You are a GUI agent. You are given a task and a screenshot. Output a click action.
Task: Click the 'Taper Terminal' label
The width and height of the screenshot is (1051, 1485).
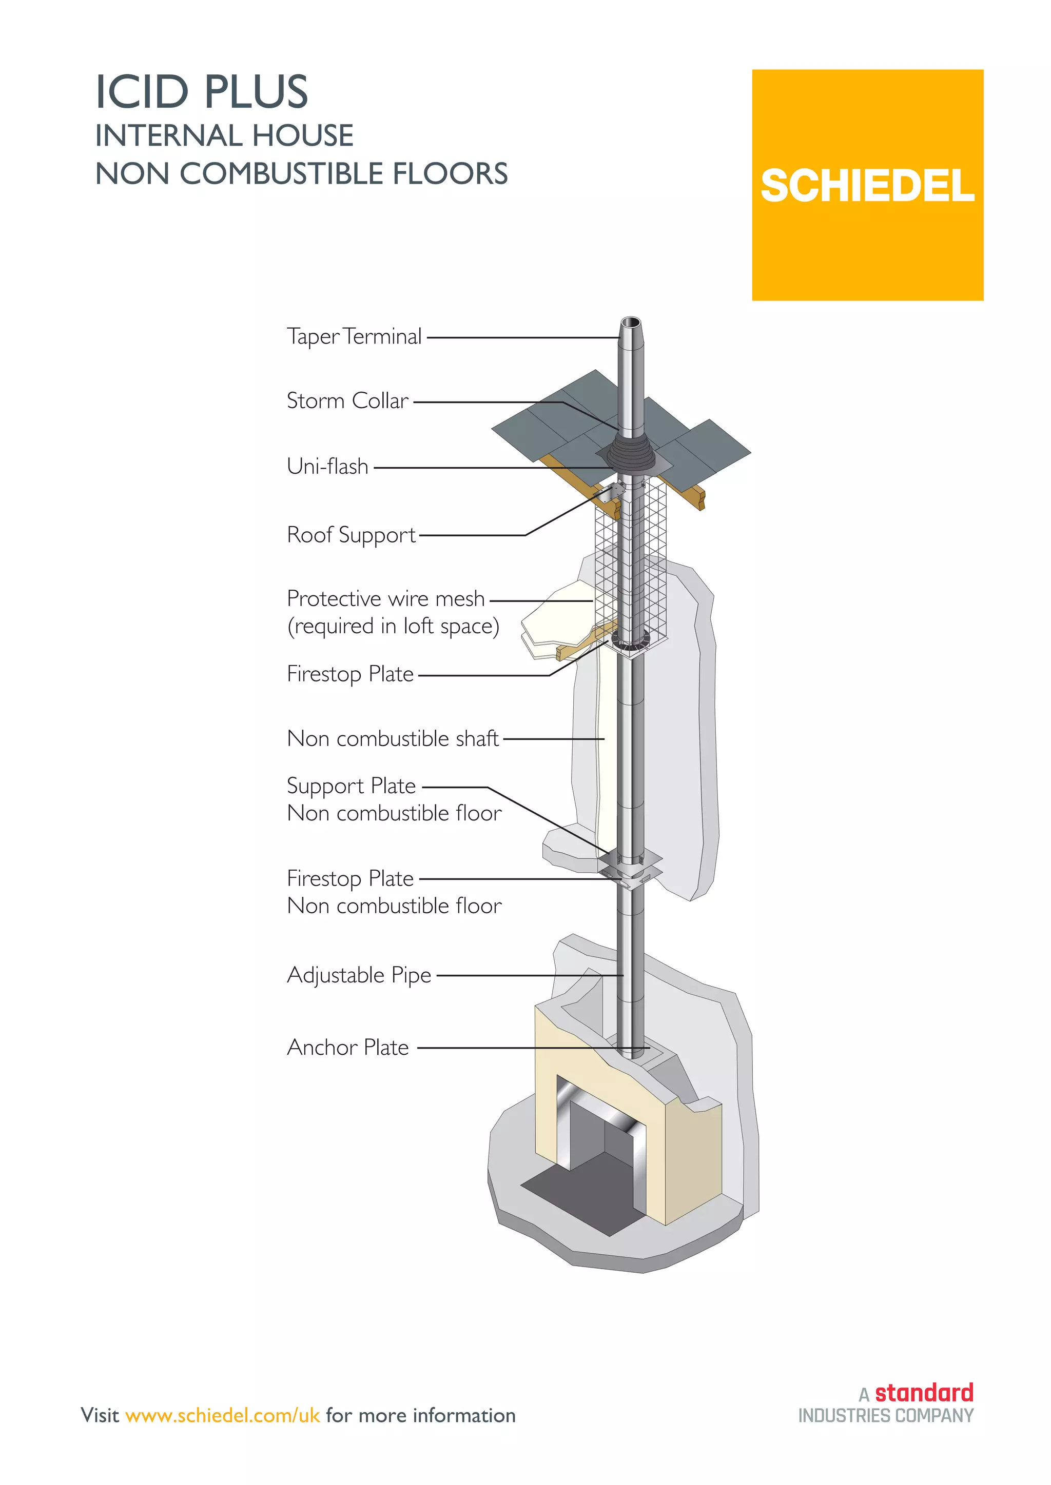point(354,337)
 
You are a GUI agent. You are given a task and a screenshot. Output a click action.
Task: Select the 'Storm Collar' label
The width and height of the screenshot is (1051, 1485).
point(347,401)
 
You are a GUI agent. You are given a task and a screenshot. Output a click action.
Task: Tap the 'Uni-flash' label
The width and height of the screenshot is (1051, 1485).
point(327,466)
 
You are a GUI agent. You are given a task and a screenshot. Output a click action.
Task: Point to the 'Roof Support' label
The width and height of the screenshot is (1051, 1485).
point(352,535)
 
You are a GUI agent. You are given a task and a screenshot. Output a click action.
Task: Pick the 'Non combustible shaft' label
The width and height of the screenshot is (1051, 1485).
point(393,738)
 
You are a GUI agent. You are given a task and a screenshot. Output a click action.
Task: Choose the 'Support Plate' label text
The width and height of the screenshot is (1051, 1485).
point(352,787)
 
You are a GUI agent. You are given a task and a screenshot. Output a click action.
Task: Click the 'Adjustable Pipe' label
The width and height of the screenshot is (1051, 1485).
point(359,975)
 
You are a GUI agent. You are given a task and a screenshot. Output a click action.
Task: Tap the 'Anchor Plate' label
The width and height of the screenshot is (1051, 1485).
point(348,1047)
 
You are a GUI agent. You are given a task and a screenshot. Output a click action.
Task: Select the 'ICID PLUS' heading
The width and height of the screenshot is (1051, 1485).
point(202,92)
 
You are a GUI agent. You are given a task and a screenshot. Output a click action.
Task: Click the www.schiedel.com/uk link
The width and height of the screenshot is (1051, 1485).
point(223,1415)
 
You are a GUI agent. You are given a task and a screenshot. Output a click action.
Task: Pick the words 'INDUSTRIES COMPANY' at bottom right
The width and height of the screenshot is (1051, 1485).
point(885,1416)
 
